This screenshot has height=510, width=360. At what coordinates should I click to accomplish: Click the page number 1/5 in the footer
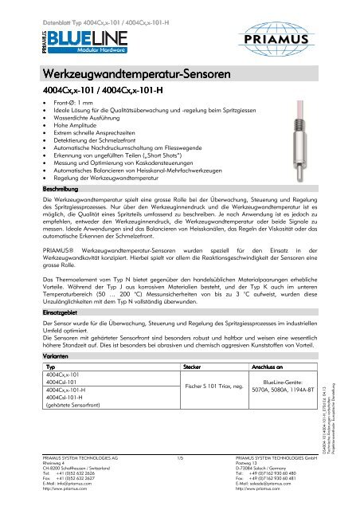tap(180, 481)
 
